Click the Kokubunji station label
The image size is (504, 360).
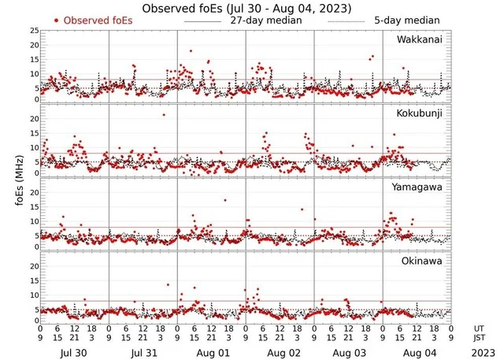[419, 114]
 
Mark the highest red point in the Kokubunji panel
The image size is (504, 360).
[164, 115]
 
